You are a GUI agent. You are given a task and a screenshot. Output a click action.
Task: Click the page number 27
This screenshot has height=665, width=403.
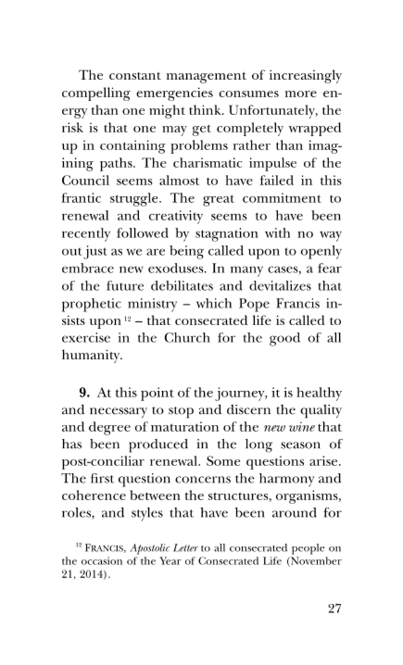(x=331, y=610)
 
